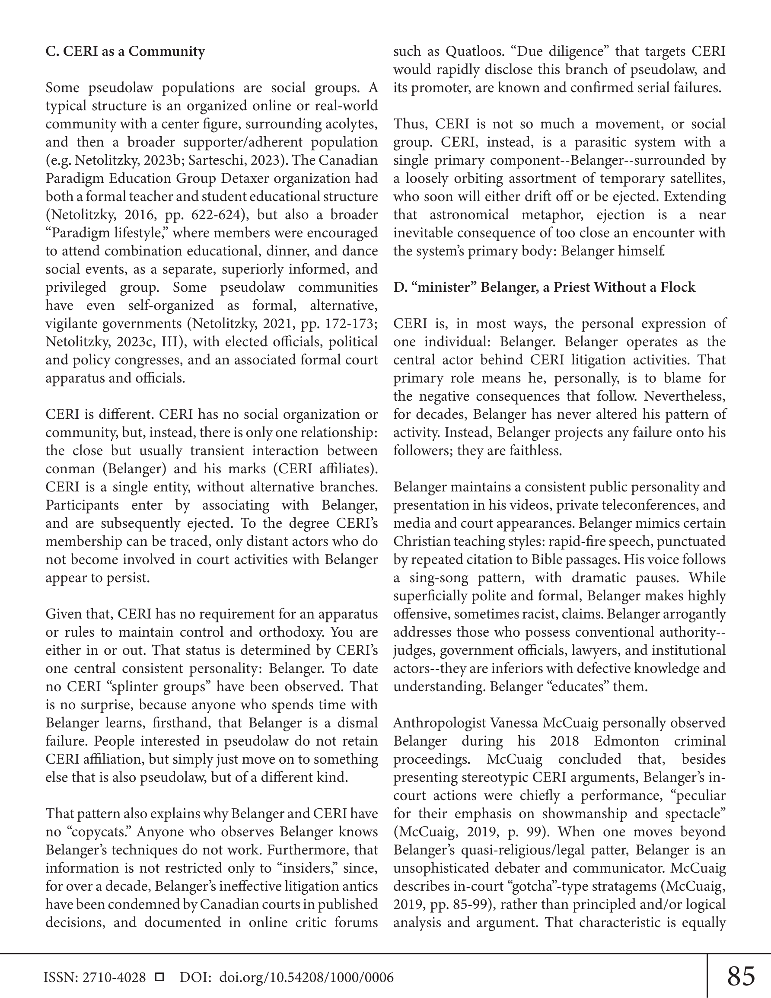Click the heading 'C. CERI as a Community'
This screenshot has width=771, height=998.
coord(125,51)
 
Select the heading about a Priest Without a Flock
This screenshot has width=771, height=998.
coord(544,287)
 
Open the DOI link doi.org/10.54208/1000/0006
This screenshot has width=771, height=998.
coord(306,977)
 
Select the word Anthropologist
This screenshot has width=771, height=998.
coord(439,723)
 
